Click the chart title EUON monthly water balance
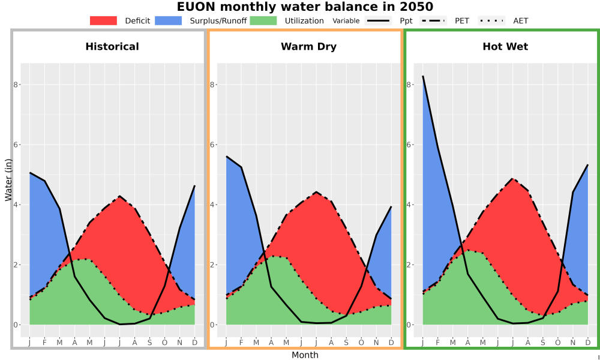tap(305, 7)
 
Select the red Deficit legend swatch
tap(103, 20)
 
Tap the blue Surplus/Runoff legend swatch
tap(169, 20)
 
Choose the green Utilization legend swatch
tap(263, 20)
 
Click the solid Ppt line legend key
tap(378, 20)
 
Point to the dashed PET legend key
tap(433, 20)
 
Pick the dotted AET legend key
tap(491, 20)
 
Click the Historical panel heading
tap(112, 47)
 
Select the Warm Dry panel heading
tap(309, 47)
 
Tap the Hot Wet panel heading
tap(505, 47)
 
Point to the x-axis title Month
tap(305, 355)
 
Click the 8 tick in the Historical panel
tap(16, 85)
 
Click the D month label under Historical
tap(195, 343)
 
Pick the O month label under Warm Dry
tap(361, 343)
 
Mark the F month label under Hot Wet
tap(438, 343)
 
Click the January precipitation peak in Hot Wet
tap(423, 76)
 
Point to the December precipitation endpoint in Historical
tap(195, 186)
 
